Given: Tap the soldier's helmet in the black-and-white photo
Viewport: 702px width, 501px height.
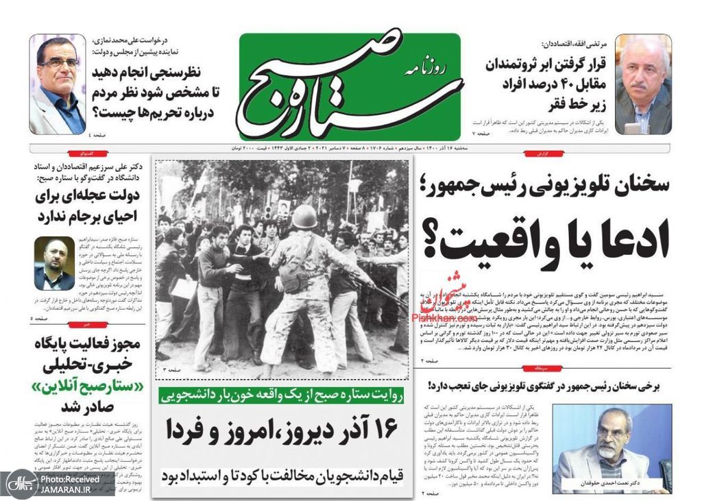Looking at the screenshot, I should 304,217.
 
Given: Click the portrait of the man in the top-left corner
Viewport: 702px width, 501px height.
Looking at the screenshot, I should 57,84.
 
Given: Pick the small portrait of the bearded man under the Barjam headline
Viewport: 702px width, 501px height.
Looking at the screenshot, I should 54,264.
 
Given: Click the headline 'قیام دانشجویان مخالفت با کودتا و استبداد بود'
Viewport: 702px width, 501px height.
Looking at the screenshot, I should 283,474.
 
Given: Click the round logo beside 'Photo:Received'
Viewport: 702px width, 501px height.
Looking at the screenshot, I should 19,483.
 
